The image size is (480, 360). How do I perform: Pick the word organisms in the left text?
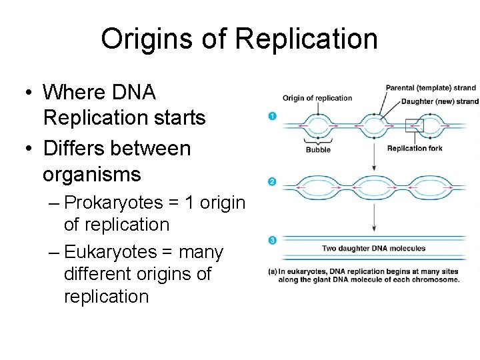(91, 175)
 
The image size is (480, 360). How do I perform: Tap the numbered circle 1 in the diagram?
(271, 117)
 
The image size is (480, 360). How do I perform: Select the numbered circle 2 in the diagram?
(271, 181)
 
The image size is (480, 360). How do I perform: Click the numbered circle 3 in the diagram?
(271, 240)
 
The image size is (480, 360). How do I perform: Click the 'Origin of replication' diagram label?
(317, 98)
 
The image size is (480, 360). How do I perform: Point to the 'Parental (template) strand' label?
(431, 87)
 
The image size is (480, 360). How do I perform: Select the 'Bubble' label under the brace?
(318, 150)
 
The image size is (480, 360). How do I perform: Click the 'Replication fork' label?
(414, 148)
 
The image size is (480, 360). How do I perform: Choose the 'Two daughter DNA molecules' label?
(373, 249)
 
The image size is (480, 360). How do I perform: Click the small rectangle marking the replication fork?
(414, 125)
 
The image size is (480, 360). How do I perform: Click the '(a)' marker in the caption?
(273, 271)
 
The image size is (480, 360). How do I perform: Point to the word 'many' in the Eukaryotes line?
(201, 253)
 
